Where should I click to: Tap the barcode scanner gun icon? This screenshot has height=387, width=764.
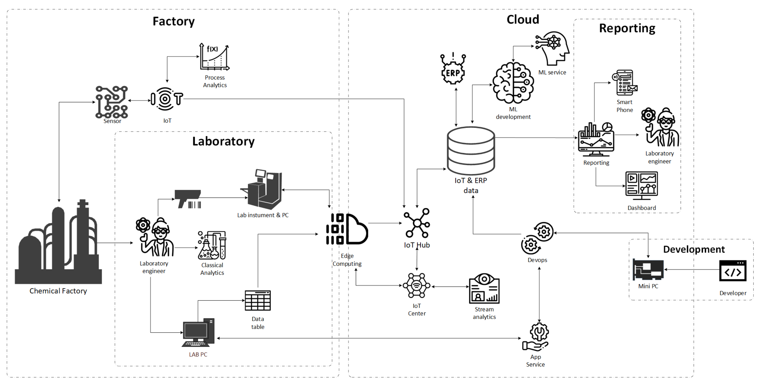point(188,199)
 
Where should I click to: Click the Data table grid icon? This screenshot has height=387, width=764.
point(257,300)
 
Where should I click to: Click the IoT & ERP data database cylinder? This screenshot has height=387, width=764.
point(471,151)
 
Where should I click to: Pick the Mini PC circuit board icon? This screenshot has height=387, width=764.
point(648,270)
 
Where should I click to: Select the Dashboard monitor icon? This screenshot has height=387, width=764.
point(642,185)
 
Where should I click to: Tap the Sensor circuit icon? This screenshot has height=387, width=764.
point(111,102)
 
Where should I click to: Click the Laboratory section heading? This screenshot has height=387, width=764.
point(223,141)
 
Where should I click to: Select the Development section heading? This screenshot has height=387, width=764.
point(694,249)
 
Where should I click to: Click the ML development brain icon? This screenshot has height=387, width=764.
point(513,83)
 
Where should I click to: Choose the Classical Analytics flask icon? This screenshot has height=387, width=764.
point(212,245)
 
